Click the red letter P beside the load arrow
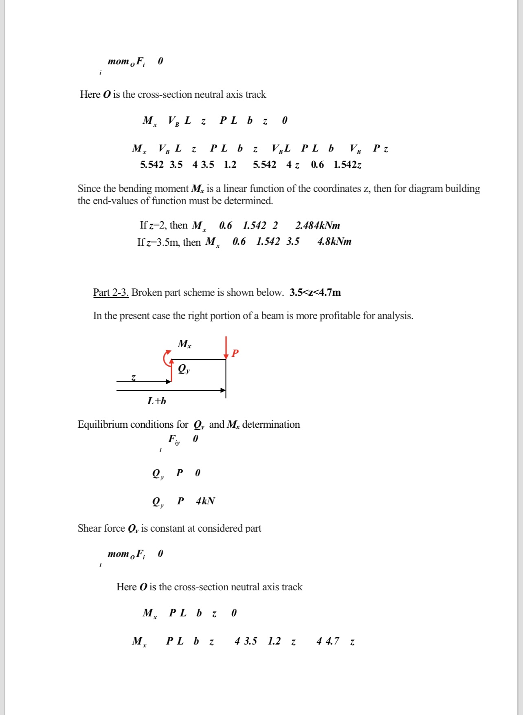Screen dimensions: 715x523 click(x=235, y=353)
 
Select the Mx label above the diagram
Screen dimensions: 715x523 click(x=185, y=344)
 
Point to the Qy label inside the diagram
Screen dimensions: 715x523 click(x=184, y=369)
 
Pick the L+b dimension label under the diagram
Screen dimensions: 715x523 click(x=157, y=401)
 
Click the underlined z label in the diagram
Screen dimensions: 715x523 click(x=133, y=378)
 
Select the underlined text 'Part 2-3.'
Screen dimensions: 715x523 click(x=111, y=293)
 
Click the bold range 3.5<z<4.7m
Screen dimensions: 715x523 click(x=315, y=293)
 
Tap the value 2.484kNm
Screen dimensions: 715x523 click(x=318, y=226)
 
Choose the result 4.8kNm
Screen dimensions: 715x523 click(x=334, y=242)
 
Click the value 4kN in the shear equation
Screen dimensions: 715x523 click(x=205, y=501)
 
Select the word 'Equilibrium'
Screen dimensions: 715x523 click(x=103, y=425)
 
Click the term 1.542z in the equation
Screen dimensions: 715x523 click(x=347, y=165)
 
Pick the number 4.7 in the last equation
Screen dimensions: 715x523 click(x=332, y=641)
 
